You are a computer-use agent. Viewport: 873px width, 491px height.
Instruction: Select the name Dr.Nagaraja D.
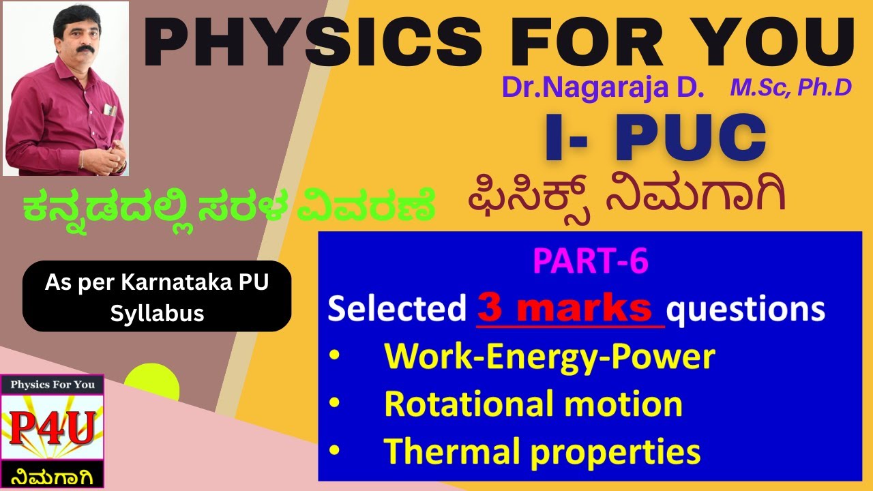click(603, 87)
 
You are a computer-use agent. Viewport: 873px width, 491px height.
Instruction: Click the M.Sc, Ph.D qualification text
click(790, 87)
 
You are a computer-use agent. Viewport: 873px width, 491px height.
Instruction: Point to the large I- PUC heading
click(655, 138)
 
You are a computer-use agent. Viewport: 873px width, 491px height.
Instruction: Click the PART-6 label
click(591, 262)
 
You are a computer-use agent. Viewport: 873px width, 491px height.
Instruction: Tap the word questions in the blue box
click(745, 310)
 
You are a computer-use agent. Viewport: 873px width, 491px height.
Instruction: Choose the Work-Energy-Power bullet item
click(549, 357)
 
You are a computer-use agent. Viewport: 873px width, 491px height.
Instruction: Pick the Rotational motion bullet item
click(533, 404)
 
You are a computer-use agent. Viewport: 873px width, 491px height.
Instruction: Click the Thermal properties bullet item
click(542, 451)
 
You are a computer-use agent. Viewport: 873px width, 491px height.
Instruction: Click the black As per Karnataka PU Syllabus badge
click(157, 296)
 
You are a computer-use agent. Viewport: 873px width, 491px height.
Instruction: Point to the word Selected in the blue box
click(397, 310)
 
